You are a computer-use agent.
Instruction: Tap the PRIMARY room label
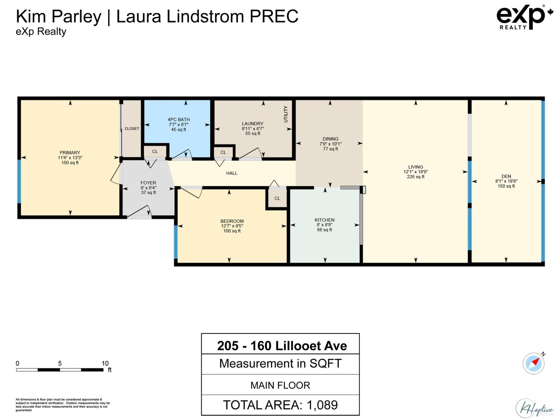(70, 153)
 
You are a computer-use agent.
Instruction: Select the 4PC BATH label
(178, 119)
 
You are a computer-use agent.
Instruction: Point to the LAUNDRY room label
(252, 124)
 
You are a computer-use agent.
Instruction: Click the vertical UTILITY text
(286, 114)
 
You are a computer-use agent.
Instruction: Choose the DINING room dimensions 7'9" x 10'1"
(330, 144)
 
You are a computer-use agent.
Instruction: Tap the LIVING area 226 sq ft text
(415, 177)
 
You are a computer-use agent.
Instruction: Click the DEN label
(506, 176)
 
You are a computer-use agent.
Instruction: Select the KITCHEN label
(324, 220)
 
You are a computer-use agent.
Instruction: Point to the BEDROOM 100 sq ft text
(232, 231)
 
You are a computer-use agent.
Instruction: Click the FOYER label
(148, 183)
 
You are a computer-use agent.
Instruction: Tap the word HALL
(232, 173)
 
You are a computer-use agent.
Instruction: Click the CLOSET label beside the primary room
(132, 128)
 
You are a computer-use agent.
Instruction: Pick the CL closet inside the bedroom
(277, 198)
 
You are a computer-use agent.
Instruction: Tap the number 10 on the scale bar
(105, 363)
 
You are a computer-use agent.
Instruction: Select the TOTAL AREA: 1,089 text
(280, 405)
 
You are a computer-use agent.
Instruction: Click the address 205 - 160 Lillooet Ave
(282, 346)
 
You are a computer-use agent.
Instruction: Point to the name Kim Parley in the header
(58, 16)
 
